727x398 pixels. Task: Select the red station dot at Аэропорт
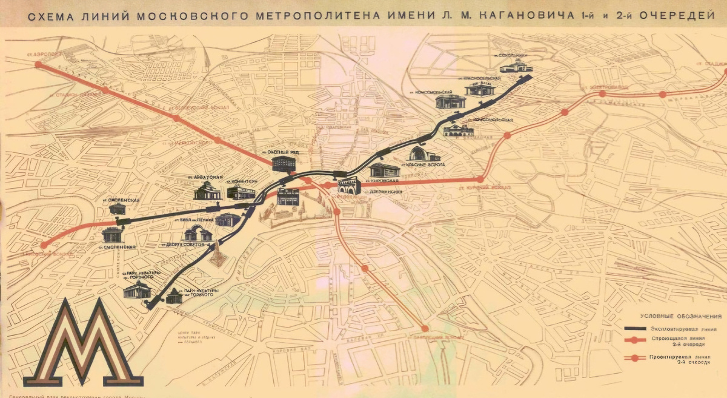coord(39,64)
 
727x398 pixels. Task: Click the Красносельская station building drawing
coord(476,90)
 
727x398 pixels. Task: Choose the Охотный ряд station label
coord(279,152)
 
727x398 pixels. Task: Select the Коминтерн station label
coord(243,181)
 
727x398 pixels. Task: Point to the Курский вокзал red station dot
coord(480,179)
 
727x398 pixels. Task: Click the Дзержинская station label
coord(384,192)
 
